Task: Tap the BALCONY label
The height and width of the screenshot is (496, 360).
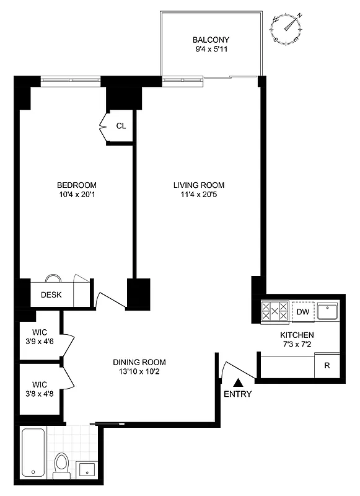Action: tap(211, 40)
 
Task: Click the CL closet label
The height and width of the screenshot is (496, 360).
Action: tap(121, 126)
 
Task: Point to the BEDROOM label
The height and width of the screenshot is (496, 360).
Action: tap(76, 185)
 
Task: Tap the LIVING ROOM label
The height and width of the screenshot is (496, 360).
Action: tap(198, 185)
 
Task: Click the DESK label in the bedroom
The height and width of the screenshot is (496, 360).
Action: tap(51, 294)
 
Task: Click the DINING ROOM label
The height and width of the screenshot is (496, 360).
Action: tap(139, 362)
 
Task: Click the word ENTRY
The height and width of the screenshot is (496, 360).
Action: tap(237, 394)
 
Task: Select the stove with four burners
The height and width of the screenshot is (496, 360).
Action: tap(274, 311)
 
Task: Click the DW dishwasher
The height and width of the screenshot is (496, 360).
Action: tap(303, 311)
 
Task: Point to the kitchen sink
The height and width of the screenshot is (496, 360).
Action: tap(327, 311)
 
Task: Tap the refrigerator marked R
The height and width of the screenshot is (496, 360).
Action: tap(327, 365)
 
